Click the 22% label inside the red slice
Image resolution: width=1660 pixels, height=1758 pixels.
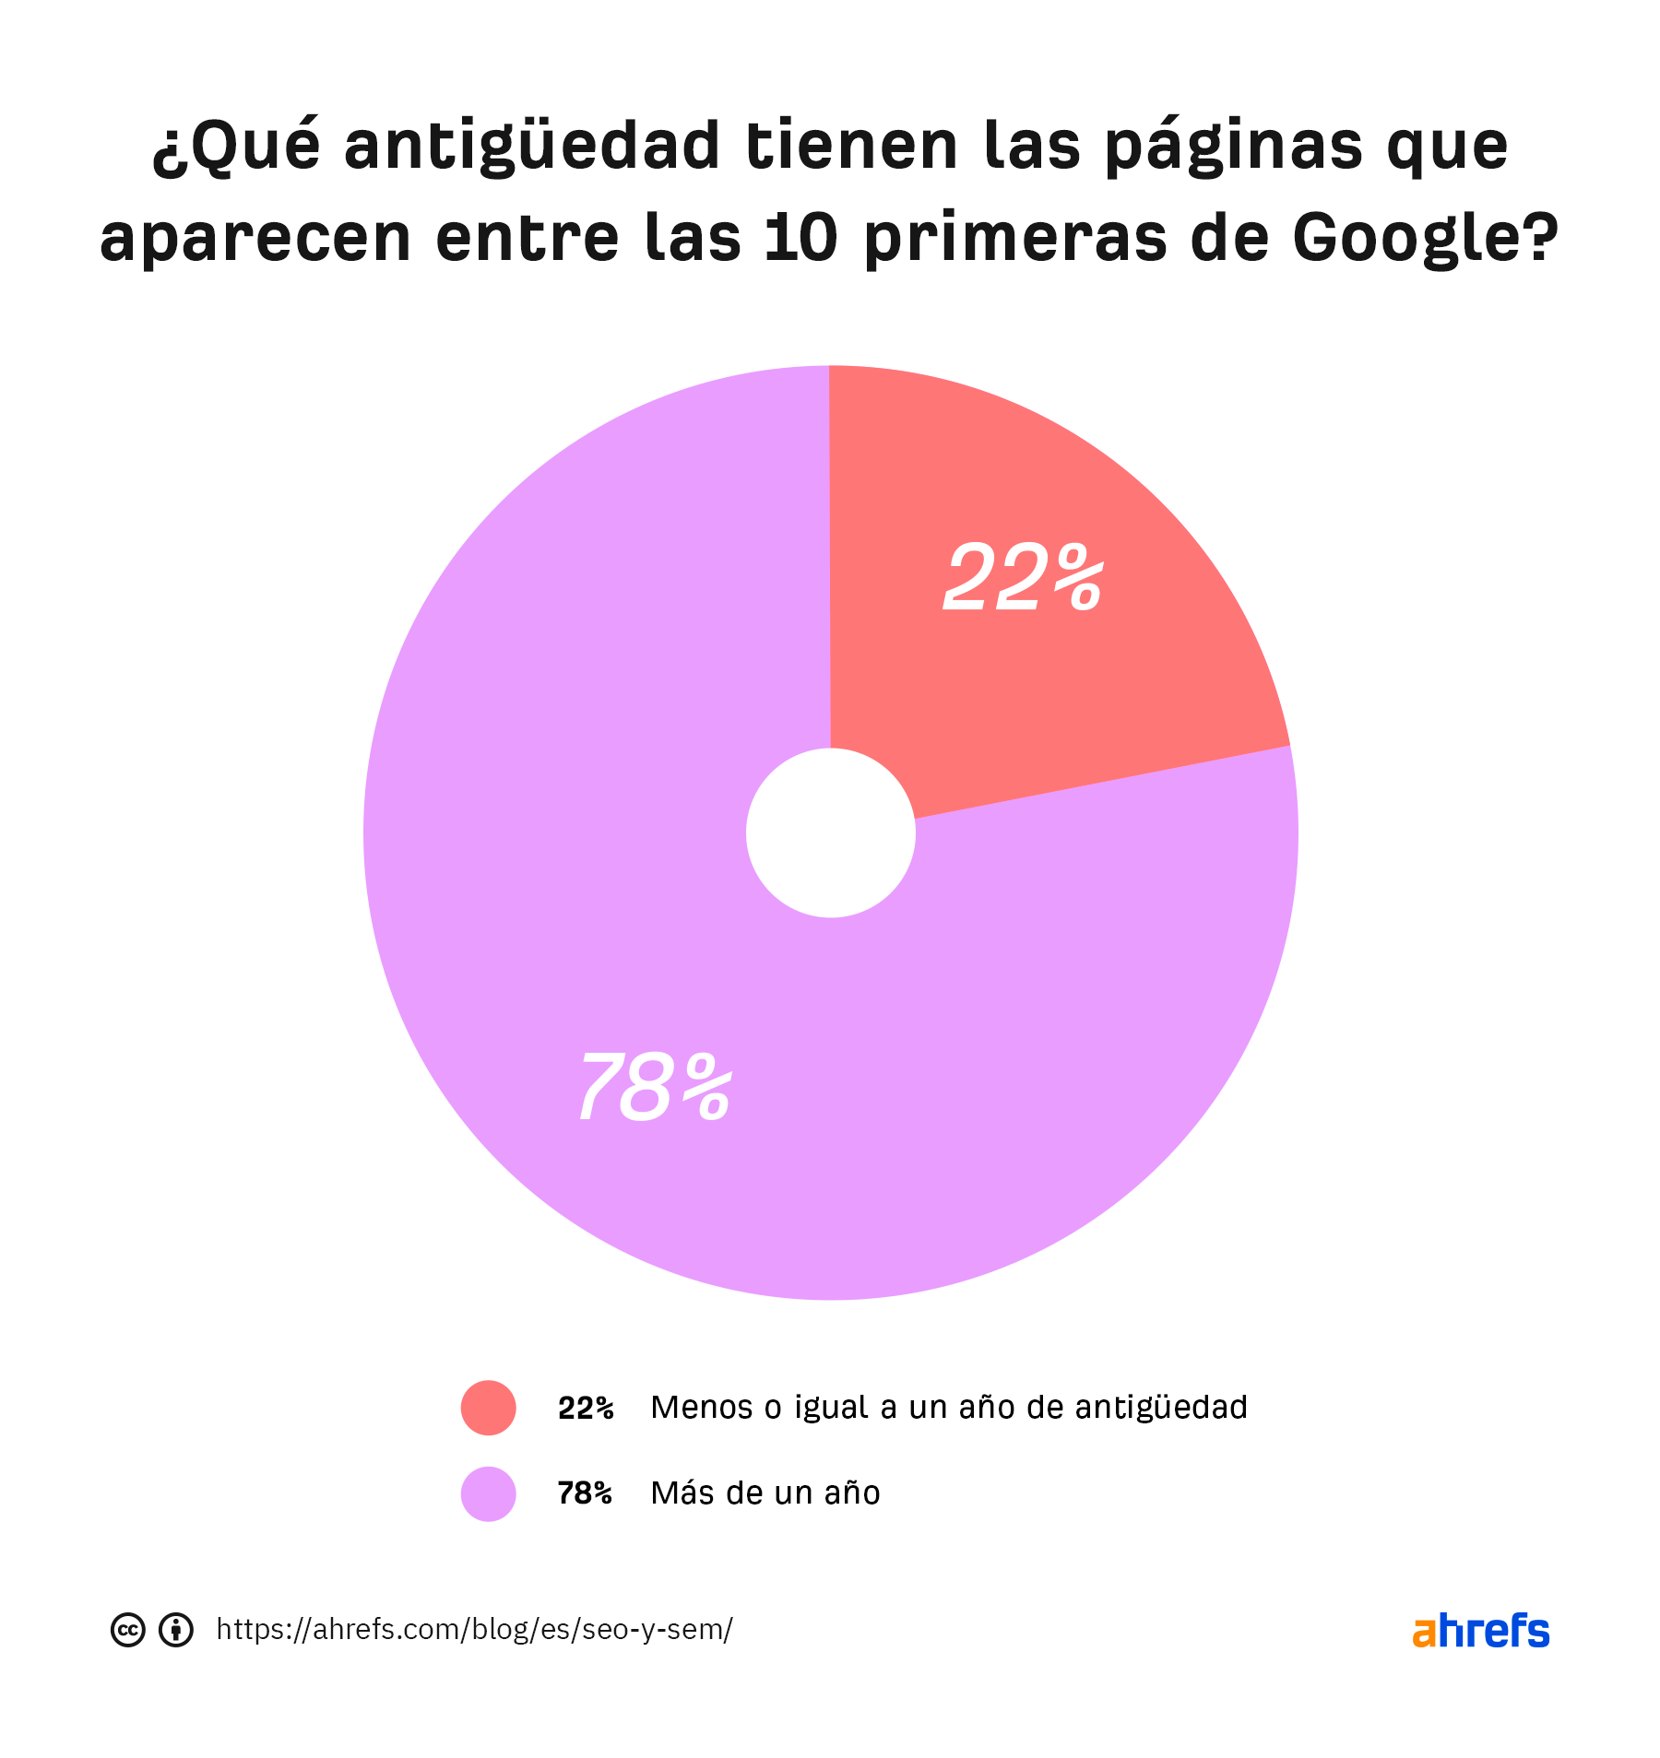click(x=1023, y=578)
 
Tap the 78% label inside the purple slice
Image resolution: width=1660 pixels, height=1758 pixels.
click(x=655, y=1089)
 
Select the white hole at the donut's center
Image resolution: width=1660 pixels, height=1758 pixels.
click(x=830, y=832)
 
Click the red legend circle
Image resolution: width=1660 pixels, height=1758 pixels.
click(x=488, y=1408)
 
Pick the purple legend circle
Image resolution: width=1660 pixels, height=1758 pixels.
click(x=488, y=1493)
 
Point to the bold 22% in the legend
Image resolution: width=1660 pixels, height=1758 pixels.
click(x=586, y=1409)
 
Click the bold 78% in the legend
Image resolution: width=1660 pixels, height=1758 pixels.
click(x=585, y=1493)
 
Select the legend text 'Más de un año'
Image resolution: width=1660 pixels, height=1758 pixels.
click(x=765, y=1493)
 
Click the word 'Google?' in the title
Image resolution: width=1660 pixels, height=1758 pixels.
click(x=1425, y=239)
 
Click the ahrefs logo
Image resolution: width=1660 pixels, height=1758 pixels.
click(x=1480, y=1631)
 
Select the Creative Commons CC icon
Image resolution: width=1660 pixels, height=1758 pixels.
click(x=128, y=1630)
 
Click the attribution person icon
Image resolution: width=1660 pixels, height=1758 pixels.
click(x=176, y=1630)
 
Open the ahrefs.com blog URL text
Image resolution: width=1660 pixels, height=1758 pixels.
click(x=474, y=1630)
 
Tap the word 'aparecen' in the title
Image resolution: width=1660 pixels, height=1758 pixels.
click(x=255, y=239)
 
